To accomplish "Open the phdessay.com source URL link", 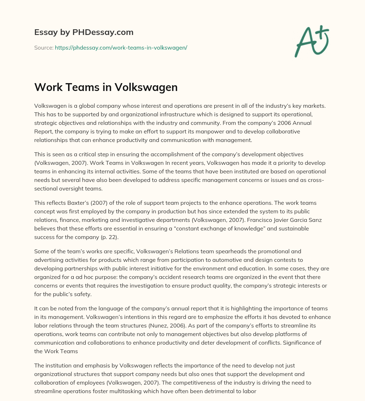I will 121,47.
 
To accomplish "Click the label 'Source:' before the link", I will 43,47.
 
